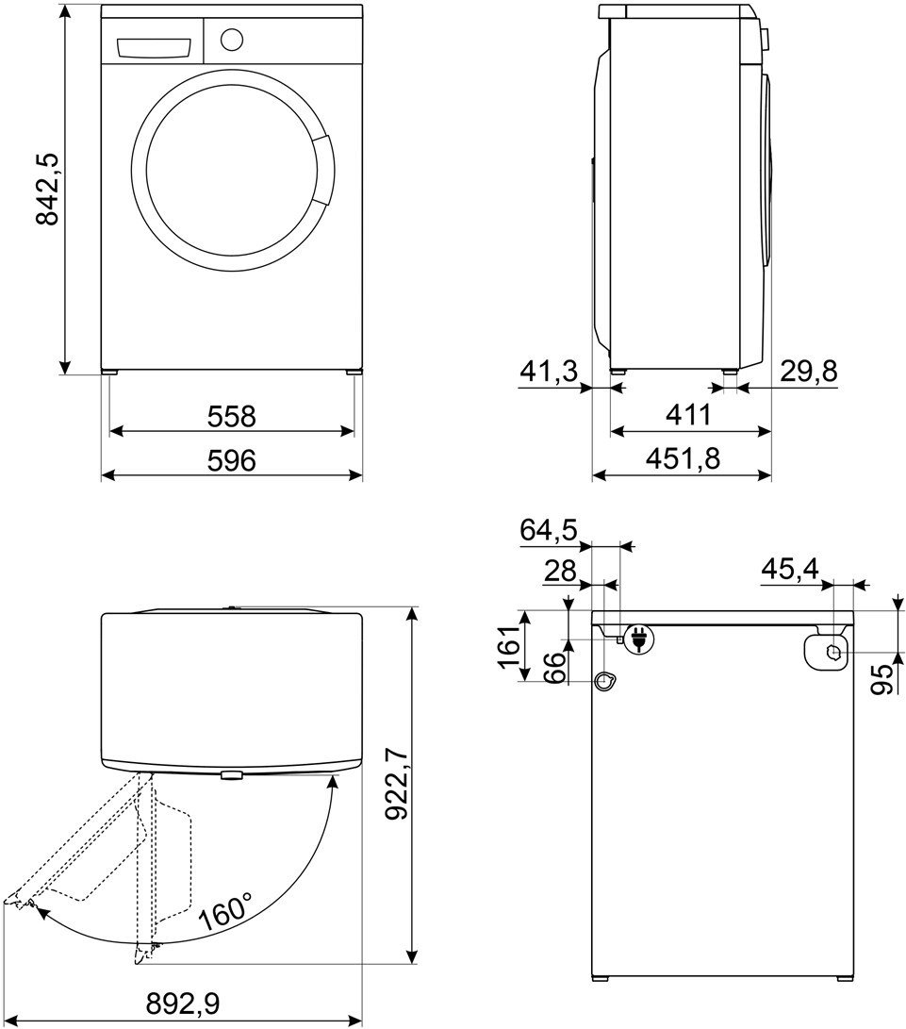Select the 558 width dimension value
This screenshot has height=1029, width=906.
click(232, 416)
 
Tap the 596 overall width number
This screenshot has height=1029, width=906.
click(232, 460)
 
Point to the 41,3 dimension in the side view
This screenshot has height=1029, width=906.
click(550, 373)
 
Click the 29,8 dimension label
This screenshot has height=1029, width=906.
click(809, 372)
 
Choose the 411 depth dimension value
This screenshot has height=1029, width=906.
click(689, 415)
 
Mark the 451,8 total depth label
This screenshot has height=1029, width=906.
click(683, 458)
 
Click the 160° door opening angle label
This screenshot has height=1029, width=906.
click(225, 910)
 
